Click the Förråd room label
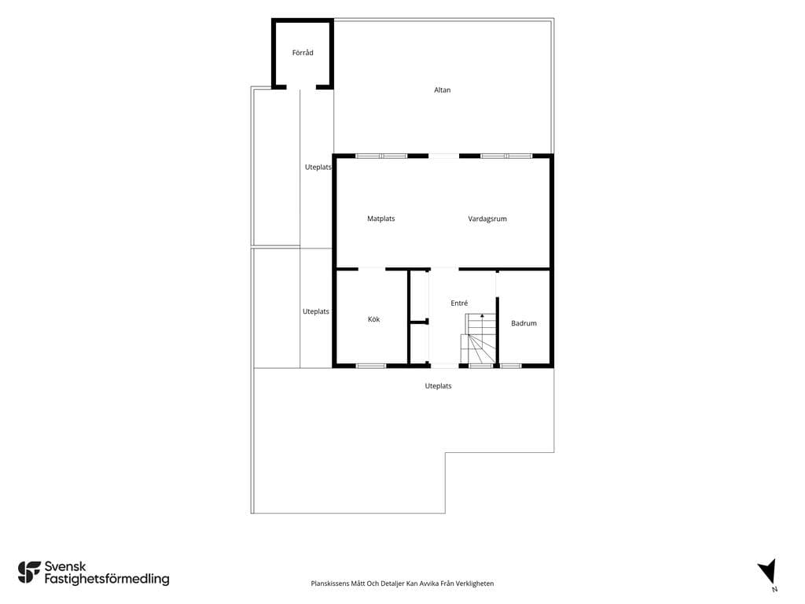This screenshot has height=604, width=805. pos(303,53)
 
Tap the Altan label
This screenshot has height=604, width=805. pos(442,90)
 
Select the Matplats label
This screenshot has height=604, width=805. pos(381,219)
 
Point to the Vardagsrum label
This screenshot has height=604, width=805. pos(487,219)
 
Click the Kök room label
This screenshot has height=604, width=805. pos(373,319)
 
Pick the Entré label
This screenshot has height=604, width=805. pos(459,303)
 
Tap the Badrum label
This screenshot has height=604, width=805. pos(524,323)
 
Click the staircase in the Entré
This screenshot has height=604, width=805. pos(479,339)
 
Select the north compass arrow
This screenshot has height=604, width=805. pos(767,571)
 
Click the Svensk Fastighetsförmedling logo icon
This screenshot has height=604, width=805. pos(29,573)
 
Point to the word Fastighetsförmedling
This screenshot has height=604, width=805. pos(107,580)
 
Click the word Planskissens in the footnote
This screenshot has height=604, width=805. pos(329,584)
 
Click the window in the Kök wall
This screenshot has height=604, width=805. pos(371,366)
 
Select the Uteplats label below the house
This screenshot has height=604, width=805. pos(438,386)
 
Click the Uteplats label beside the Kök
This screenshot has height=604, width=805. pos(316,311)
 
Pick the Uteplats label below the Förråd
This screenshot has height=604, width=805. pos(318,168)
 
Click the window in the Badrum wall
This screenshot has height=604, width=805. pos(511,366)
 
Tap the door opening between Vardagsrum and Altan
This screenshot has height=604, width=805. pos(443,157)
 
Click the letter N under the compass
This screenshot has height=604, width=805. pos(774,590)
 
